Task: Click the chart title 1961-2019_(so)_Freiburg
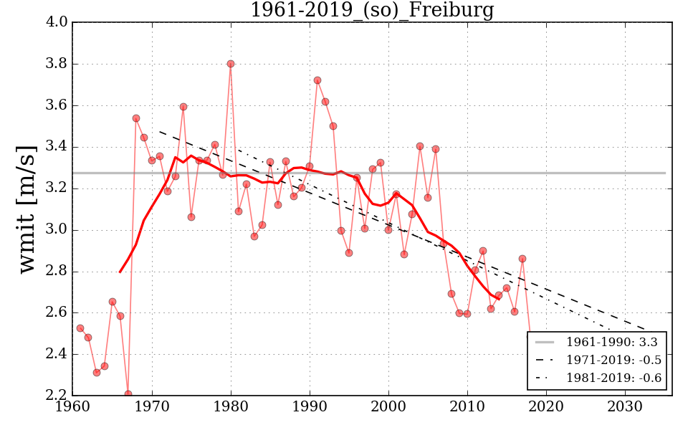pos(371,10)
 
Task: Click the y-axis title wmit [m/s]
pos(27,208)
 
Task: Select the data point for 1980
pos(231,64)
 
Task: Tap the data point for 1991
pos(317,80)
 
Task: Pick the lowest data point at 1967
pos(128,393)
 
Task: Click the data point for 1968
pos(136,118)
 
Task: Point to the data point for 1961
pos(80,328)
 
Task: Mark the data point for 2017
pos(522,259)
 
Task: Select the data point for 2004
pos(420,146)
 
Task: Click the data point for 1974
pos(183,107)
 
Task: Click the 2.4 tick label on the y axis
pos(57,354)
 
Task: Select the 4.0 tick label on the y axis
pos(57,22)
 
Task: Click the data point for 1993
pos(333,126)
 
